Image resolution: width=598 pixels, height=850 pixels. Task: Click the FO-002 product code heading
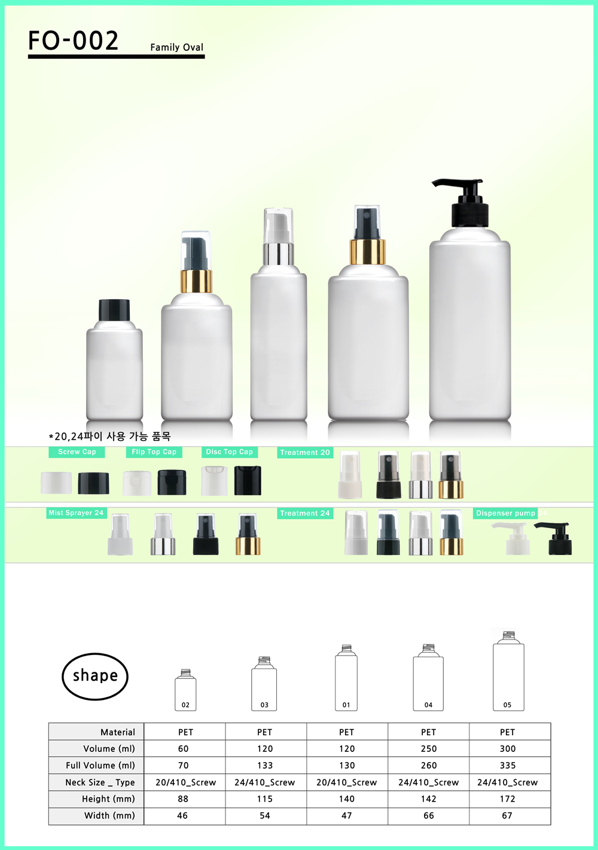coord(73,41)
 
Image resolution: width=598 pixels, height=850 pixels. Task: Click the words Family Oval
coord(177,47)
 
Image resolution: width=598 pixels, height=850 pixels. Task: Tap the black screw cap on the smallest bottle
coord(114,310)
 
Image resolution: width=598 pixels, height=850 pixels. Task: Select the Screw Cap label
coord(77,452)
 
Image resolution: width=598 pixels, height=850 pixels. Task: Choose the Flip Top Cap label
coord(154,452)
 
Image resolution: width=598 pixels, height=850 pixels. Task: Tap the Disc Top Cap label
coord(229,452)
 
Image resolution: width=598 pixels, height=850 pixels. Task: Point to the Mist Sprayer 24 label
coord(77,513)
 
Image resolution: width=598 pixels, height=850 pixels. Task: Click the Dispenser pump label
coord(505,513)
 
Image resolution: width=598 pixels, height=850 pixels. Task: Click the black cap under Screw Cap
coord(93,483)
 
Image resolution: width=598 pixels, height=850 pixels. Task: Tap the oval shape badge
coord(95,676)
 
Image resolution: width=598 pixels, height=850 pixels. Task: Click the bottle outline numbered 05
coord(508,671)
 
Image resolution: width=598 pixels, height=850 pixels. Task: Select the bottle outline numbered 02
coord(185,690)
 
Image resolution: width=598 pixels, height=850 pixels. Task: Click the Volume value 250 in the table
coord(429,749)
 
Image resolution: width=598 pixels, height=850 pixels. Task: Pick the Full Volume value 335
coord(508,766)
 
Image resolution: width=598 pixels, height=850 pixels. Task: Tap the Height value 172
coord(508,799)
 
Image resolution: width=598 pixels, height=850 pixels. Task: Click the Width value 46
coord(182,815)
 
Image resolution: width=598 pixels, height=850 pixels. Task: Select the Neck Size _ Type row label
coord(100,782)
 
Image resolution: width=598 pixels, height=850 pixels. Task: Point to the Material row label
coord(118,732)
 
